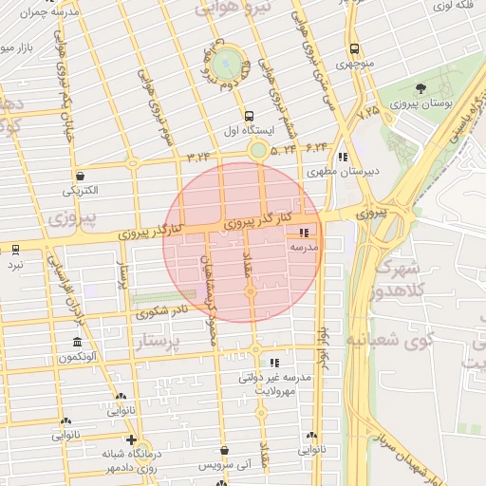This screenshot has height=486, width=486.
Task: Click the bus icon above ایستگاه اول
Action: coord(249,113)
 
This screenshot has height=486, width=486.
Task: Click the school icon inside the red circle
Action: coord(304,232)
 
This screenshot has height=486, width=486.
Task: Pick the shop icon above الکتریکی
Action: coord(80,176)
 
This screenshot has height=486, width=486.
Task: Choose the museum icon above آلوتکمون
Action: coord(76,342)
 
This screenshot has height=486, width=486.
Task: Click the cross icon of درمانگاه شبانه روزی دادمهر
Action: coord(131,440)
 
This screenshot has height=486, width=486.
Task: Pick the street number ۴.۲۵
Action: coord(367,112)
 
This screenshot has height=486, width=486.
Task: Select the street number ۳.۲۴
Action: coord(199,155)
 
